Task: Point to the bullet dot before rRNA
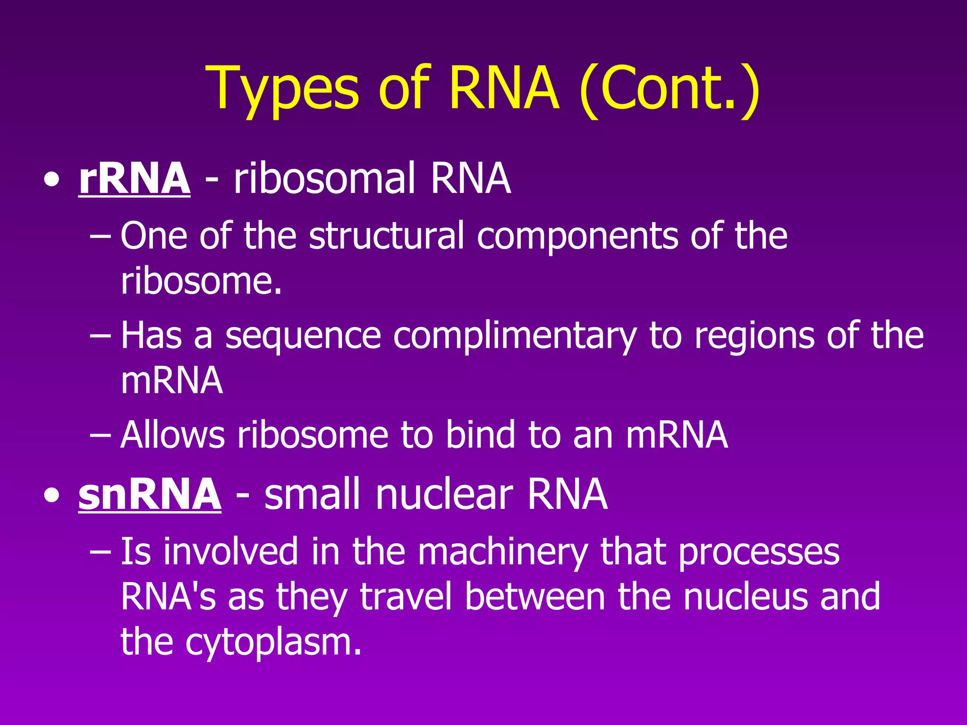[x=51, y=180]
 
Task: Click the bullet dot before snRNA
[x=51, y=496]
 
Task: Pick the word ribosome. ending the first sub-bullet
[x=201, y=281]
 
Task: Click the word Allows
[x=172, y=434]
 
